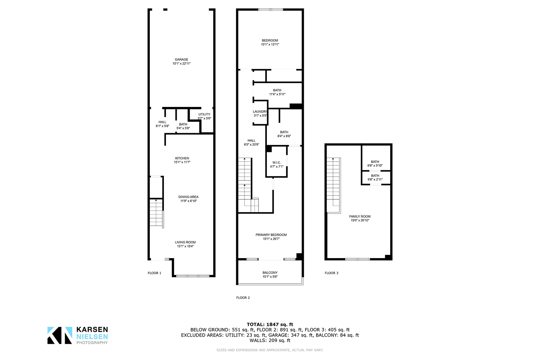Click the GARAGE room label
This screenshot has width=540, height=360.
tap(181, 59)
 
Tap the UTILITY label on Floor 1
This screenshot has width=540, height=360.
tap(204, 114)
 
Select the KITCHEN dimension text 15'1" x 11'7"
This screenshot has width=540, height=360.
tap(182, 162)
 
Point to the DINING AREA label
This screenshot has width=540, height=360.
tap(189, 197)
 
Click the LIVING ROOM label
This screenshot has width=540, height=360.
tap(185, 242)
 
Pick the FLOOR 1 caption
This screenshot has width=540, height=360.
tap(154, 273)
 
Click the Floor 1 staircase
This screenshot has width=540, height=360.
tap(157, 212)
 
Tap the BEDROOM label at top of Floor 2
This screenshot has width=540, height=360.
tap(270, 41)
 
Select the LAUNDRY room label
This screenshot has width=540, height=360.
tap(260, 112)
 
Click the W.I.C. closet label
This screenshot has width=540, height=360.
tap(277, 163)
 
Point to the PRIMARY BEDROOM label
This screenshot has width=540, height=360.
tap(271, 235)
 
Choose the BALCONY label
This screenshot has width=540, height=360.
tap(270, 273)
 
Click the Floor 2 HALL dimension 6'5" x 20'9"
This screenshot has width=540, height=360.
tap(251, 145)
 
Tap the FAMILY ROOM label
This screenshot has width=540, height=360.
tap(360, 216)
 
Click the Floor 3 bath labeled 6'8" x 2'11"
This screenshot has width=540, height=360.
tap(375, 177)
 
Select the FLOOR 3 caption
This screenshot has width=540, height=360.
tap(332, 273)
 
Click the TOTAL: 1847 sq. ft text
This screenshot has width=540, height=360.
tap(270, 325)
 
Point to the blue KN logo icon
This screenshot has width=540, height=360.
tap(60, 336)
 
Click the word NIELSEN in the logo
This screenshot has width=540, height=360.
tap(92, 337)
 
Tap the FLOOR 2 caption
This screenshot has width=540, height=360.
tap(243, 298)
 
